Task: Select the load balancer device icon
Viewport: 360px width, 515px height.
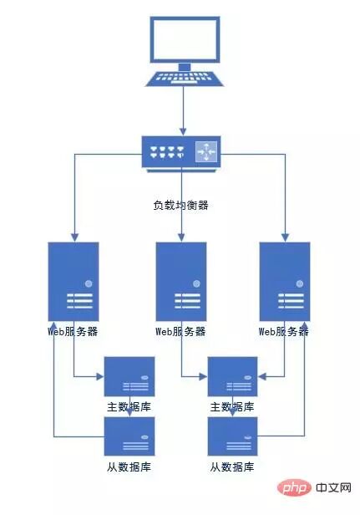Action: pos(181,154)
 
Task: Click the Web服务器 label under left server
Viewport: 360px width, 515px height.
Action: pos(74,331)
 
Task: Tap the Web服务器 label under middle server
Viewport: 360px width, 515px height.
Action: pos(181,331)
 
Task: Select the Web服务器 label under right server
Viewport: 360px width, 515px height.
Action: pos(285,331)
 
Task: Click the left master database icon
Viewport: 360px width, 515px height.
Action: pos(129,376)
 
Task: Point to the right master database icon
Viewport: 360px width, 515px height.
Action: pos(233,376)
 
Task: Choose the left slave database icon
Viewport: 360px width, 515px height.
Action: pos(129,436)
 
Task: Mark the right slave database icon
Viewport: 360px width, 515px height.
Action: pos(233,436)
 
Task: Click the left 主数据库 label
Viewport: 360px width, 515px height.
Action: pos(129,407)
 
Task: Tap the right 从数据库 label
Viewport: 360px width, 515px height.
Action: pos(233,467)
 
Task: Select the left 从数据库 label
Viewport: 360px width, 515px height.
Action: pos(129,467)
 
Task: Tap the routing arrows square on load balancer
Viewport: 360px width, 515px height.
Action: pos(205,153)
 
